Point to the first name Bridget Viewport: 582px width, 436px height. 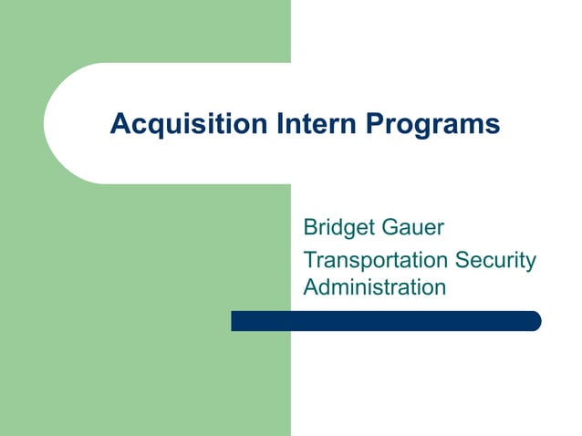[338, 225]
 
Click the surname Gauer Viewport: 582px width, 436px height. [411, 225]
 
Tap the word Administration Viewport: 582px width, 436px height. [374, 287]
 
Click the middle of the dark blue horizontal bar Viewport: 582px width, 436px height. [386, 321]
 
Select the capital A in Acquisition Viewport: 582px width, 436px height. [119, 123]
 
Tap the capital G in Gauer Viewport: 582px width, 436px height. [389, 225]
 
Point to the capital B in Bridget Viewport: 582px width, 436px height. [310, 225]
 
